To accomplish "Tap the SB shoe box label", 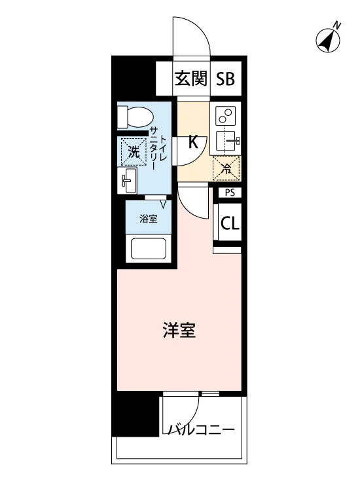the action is point(225,79).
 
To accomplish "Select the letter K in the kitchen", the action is point(193,142).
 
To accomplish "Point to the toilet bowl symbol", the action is point(135,117).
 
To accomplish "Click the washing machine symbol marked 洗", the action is point(134,152).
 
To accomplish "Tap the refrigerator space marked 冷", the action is point(226,168).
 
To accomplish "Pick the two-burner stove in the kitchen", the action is point(226,116).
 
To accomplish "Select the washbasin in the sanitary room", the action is point(127,180).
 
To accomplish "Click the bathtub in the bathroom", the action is point(149,249).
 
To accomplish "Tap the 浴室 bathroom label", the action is point(149,219).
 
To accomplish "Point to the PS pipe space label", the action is point(230,192).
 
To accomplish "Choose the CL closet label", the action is point(230,223).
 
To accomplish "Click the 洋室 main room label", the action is point(179,331).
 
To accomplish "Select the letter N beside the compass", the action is point(337,25).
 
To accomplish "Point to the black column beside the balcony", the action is point(135,413).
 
